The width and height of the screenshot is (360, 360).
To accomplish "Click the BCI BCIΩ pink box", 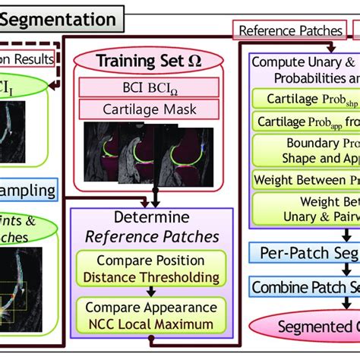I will [x=152, y=87].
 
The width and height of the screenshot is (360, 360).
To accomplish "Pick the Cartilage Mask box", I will [x=152, y=109].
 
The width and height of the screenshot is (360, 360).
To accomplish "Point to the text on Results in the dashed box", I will [x=27, y=58].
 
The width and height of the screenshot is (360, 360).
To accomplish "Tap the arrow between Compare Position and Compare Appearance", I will [x=151, y=296].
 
